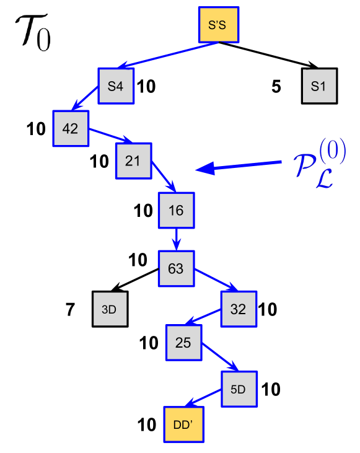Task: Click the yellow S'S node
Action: tap(219, 25)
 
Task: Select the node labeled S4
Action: tap(116, 86)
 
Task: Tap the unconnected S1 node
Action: tap(319, 86)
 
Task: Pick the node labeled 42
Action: tap(71, 128)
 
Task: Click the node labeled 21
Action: tap(133, 161)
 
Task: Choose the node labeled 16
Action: tap(176, 211)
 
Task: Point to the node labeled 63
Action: tap(176, 268)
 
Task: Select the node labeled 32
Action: tap(239, 309)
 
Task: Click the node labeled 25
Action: tap(183, 342)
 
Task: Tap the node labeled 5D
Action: tap(239, 390)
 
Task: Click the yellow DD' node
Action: tap(183, 424)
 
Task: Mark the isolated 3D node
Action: tap(110, 309)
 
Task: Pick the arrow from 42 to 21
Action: tap(112, 136)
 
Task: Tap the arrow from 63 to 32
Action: tap(217, 280)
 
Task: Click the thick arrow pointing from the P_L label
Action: tap(239, 166)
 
